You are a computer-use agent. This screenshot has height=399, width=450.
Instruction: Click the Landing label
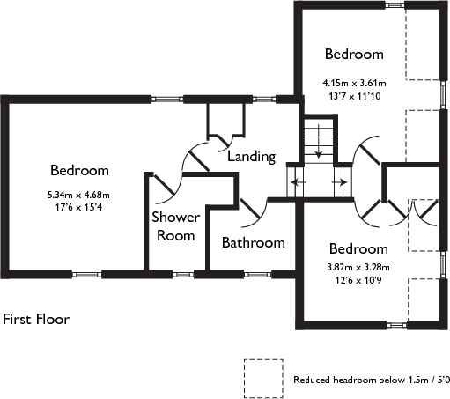coord(252,157)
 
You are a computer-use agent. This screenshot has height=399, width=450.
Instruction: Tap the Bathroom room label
coord(254,243)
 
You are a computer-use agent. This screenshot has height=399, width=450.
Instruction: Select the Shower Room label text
coord(176,226)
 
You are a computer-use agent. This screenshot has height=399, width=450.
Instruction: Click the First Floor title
coord(36,319)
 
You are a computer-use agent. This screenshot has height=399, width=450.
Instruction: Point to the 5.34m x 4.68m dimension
coord(78,195)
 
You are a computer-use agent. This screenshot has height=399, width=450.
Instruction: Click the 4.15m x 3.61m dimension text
coord(354,83)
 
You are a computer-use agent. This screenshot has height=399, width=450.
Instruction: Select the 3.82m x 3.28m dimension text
coord(358,268)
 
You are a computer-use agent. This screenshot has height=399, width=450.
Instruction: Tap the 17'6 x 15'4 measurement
coord(78,208)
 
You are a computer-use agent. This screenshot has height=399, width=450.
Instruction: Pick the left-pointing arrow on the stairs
coord(299,182)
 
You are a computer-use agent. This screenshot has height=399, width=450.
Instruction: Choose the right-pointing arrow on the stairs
coord(339,182)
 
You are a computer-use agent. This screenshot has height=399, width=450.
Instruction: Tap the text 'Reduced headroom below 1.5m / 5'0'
coord(372,380)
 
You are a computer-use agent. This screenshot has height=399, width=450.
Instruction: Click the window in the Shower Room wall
coord(183,275)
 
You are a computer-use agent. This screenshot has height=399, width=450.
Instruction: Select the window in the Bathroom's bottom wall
coord(257,275)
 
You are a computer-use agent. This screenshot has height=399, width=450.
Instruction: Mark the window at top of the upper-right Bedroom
coord(395,5)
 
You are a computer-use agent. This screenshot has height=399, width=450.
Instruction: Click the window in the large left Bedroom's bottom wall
coord(86,275)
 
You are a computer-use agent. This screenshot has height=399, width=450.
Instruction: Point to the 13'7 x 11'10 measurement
coord(355,96)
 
